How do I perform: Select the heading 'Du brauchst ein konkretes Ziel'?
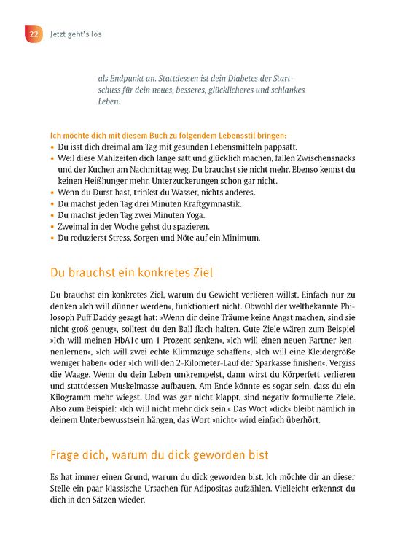click(x=130, y=273)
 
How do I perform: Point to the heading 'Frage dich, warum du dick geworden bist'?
click(x=158, y=455)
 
